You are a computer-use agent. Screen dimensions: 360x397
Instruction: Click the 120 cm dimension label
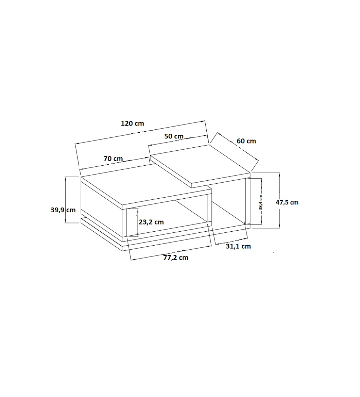point(132,124)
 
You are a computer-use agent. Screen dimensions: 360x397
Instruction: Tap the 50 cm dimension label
point(174,136)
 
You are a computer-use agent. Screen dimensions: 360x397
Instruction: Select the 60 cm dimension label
point(246,141)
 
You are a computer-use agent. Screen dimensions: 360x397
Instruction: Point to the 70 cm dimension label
point(113,159)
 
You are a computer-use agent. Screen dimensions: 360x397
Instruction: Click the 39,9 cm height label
point(63,210)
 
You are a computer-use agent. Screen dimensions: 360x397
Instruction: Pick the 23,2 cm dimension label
point(151,222)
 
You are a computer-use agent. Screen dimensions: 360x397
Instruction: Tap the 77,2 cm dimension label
point(176,258)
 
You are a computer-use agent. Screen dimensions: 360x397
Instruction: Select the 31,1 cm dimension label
point(238,246)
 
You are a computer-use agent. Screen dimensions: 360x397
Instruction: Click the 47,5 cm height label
point(287,203)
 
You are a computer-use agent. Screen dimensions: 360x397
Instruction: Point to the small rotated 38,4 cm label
point(261,203)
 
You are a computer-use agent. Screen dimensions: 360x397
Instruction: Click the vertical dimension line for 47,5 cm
point(279,200)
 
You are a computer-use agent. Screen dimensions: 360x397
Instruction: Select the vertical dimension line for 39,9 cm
point(66,200)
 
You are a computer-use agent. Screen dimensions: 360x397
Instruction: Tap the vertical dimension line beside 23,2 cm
point(138,222)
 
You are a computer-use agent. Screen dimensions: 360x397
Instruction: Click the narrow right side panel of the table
point(248,201)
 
